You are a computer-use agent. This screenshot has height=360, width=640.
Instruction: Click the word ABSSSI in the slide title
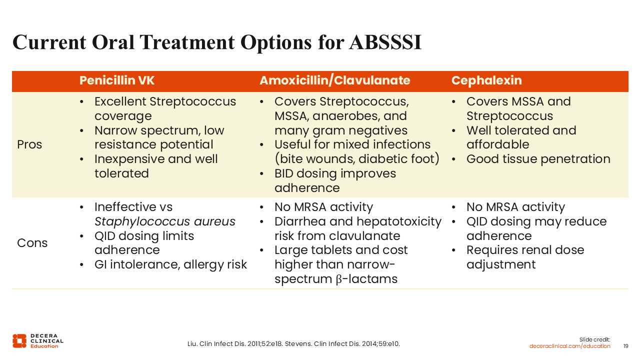point(385,42)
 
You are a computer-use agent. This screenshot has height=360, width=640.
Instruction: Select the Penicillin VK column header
point(117,80)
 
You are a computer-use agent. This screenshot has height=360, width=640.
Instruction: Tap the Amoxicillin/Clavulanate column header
point(335,80)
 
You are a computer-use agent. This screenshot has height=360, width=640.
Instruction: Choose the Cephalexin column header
point(486,80)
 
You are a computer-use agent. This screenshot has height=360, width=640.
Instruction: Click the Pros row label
point(29,144)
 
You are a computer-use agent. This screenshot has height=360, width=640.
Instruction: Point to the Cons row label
point(32,243)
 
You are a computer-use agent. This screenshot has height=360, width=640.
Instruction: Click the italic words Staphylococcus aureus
point(165,221)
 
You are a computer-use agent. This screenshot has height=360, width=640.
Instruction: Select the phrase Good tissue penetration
point(538,159)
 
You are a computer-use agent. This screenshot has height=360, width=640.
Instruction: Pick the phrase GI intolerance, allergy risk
point(170,264)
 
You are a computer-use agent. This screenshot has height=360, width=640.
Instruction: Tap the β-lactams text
point(366,279)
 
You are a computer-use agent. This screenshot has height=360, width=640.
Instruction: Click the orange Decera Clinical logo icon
point(19,341)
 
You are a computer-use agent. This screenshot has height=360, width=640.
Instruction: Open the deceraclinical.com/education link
point(569,346)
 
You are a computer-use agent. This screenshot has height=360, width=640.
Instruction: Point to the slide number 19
point(625,346)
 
